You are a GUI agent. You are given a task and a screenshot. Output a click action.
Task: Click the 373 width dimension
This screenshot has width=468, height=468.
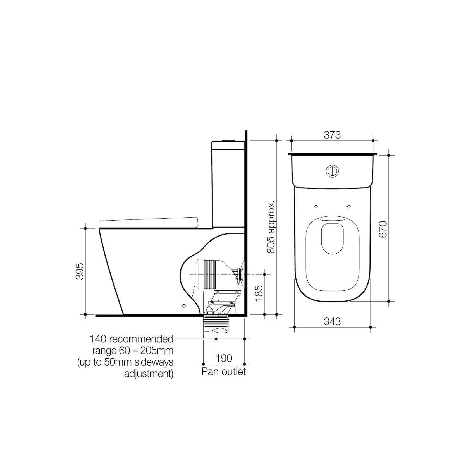tap(332, 135)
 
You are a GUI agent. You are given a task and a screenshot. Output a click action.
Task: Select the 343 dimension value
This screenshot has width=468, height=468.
tap(332, 322)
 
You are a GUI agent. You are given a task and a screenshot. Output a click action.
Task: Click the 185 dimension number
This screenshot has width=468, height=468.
tap(259, 293)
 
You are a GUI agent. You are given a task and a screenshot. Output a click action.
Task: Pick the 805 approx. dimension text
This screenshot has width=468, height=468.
tap(271, 226)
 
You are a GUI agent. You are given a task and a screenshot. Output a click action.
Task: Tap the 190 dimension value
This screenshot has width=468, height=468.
tap(224, 358)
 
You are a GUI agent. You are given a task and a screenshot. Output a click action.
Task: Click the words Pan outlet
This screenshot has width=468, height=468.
tap(224, 372)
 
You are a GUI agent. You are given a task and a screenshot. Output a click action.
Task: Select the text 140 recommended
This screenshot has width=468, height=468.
tap(132, 339)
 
